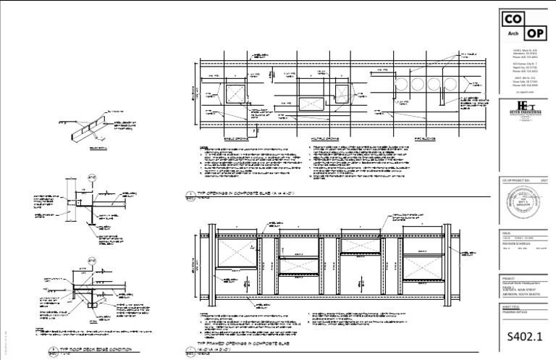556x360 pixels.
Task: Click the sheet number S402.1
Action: click(x=523, y=338)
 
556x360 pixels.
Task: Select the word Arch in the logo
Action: click(x=513, y=34)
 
